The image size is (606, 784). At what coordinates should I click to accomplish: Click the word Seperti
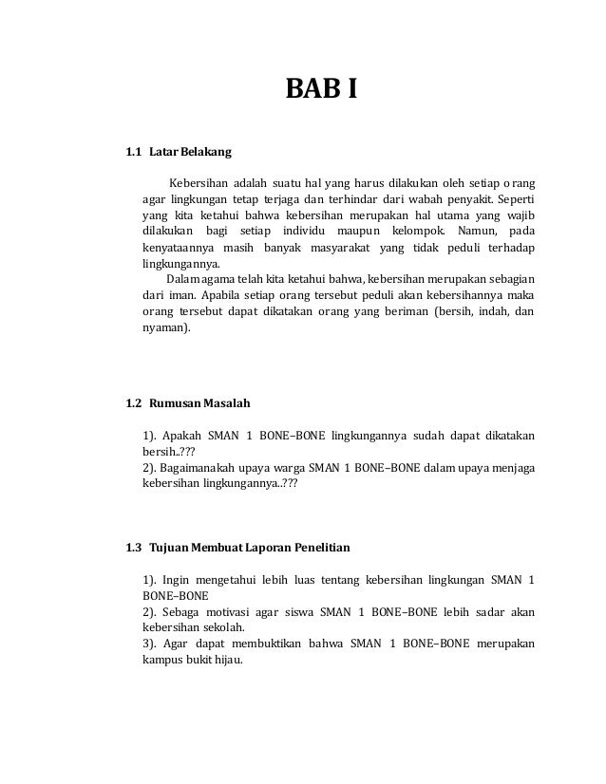(513, 200)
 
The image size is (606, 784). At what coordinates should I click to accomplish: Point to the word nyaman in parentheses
(163, 327)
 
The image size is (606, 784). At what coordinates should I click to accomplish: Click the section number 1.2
(133, 403)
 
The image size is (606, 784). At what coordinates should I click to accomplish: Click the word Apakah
(180, 436)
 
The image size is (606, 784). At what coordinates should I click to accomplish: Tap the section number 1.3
(133, 547)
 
